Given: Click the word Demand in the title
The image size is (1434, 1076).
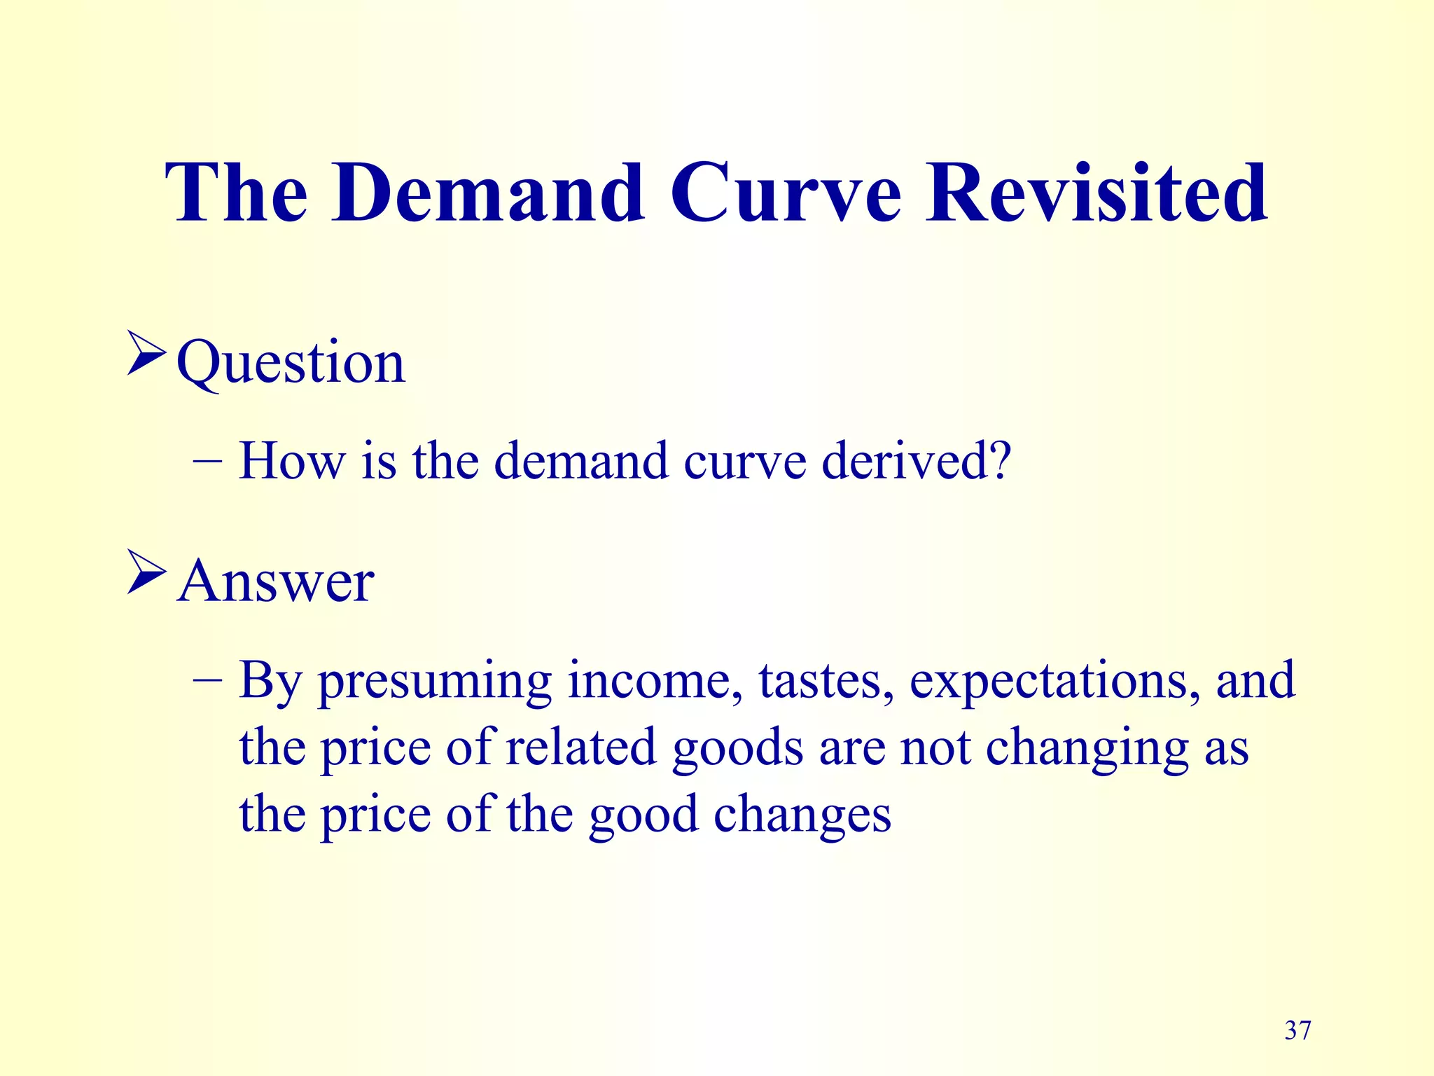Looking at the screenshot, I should coord(488,193).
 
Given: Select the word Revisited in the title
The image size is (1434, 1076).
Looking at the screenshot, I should coord(1097,193).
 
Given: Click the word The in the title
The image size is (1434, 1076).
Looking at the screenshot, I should coord(236,193).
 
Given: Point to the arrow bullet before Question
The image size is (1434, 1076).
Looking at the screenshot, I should coord(146,354).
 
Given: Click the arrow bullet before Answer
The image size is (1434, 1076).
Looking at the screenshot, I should coord(146,572).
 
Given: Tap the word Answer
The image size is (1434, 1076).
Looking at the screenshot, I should coord(276,581).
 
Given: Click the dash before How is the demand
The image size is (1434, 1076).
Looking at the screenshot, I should coord(207,462).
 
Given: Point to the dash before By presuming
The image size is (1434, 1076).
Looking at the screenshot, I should coord(207,680).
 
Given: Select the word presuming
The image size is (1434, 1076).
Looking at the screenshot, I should coord(435,682).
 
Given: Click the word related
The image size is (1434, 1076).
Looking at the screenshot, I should coord(580,747).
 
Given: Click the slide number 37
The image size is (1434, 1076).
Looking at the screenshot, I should coord(1297,1030).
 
